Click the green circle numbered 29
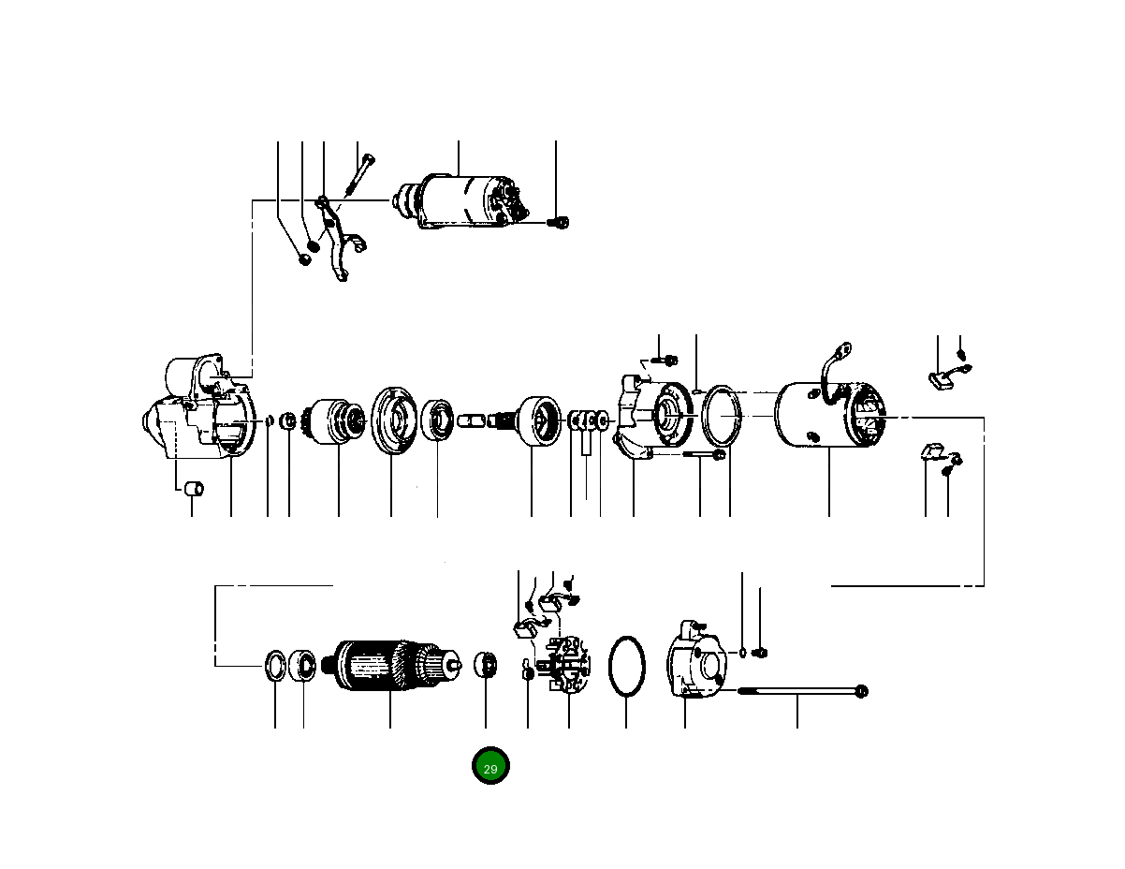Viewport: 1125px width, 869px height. click(490, 767)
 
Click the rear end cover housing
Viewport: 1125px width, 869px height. click(694, 662)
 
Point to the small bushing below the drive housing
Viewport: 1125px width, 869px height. click(193, 489)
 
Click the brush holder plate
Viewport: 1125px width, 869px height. click(567, 665)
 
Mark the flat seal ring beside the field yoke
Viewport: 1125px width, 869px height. click(722, 415)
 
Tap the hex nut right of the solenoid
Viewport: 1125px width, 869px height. click(560, 223)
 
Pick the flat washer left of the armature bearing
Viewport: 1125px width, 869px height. click(276, 666)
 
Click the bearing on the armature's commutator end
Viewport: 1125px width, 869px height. click(486, 666)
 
